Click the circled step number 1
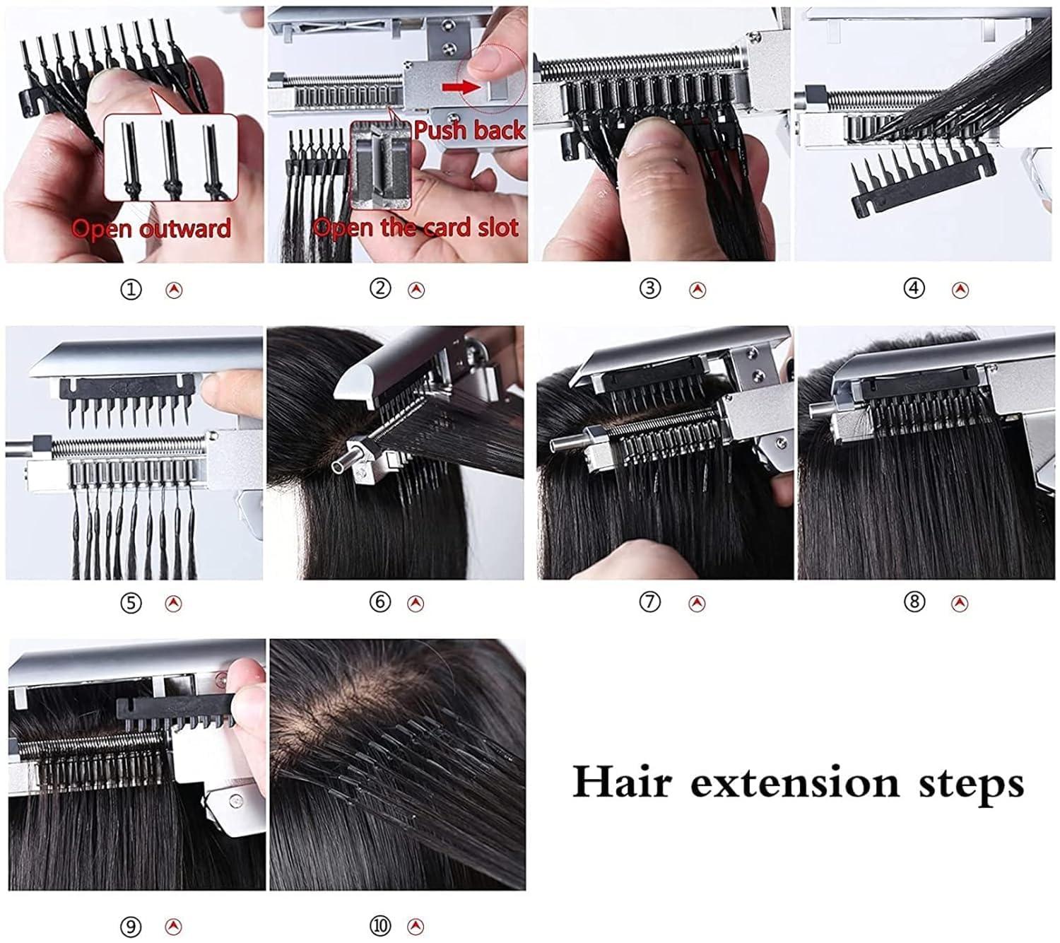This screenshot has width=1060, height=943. (x=131, y=289)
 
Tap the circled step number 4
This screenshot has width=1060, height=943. (x=914, y=288)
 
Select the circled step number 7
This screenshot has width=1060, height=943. (x=649, y=602)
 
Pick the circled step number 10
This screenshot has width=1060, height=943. (x=380, y=925)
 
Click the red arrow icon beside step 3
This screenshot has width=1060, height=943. (x=697, y=289)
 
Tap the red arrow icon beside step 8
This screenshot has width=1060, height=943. (x=959, y=603)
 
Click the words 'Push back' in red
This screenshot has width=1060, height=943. (x=469, y=130)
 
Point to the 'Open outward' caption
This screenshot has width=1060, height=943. (x=151, y=228)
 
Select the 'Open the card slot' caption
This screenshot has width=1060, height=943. (x=416, y=228)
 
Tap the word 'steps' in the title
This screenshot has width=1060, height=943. (x=971, y=783)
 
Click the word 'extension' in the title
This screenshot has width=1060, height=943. (x=794, y=782)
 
